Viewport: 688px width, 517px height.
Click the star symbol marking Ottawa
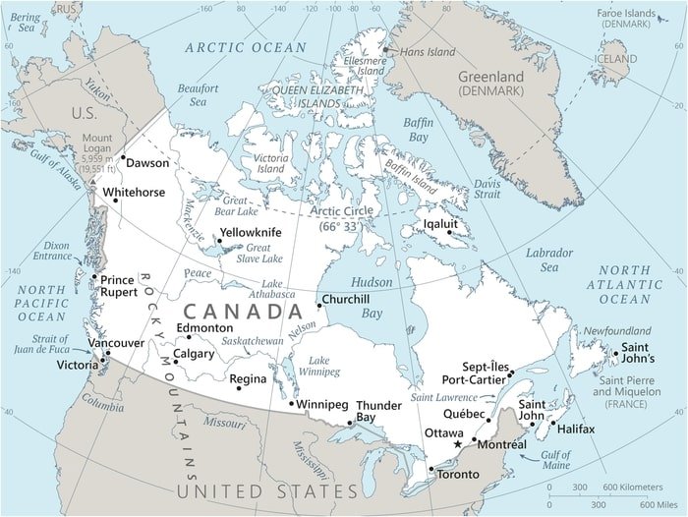coord(457,445)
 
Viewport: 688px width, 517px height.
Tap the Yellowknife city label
coord(251,232)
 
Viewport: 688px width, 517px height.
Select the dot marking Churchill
coord(318,305)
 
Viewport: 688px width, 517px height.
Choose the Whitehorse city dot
coord(115,201)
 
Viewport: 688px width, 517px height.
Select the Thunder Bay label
coord(378,411)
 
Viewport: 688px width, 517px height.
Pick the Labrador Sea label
coord(548,259)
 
